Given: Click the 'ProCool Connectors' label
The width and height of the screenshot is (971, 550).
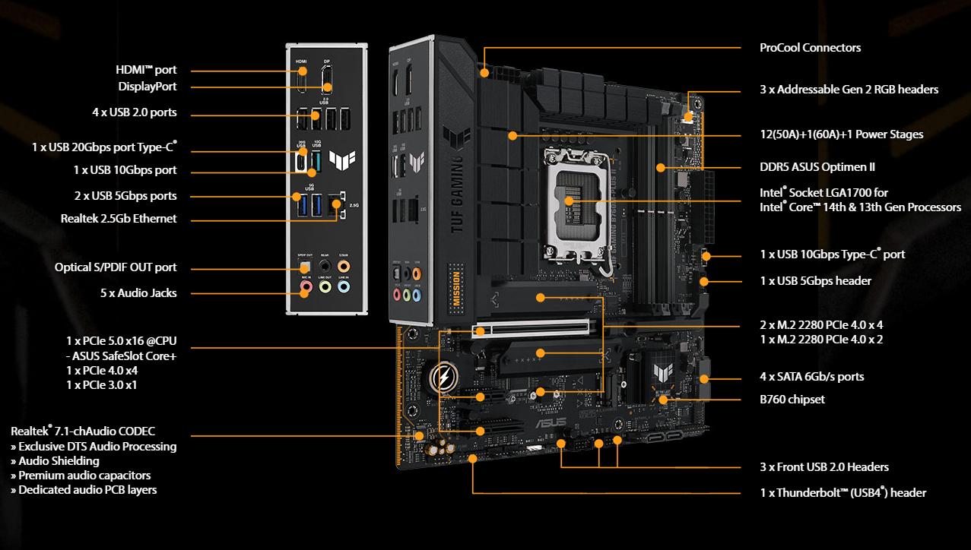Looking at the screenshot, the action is [810, 48].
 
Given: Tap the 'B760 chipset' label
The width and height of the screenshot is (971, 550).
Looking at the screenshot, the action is [792, 400].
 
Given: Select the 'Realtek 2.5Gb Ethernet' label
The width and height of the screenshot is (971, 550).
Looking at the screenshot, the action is [119, 218].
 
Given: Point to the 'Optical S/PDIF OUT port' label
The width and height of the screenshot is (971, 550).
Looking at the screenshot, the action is [116, 267].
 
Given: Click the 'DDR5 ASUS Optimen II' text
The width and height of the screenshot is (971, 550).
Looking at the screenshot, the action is [817, 167].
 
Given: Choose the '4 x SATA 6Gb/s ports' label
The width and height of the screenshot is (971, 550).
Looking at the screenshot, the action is [811, 377].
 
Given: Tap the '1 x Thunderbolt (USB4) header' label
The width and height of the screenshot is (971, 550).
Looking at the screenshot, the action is [842, 492].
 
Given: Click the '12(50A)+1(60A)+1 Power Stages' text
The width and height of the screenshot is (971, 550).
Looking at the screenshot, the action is [842, 134].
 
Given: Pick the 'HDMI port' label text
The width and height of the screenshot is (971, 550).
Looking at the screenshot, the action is [146, 70].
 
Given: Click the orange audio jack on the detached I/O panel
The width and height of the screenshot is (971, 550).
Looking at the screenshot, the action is [344, 265].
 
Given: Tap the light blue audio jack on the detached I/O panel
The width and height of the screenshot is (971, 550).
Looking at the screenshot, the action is [344, 286].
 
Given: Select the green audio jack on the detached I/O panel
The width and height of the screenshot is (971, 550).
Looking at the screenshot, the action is [325, 286].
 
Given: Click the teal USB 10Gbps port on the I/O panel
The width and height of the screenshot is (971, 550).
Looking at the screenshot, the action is [316, 162].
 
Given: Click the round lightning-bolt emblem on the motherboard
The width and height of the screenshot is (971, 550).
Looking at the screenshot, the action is [443, 377].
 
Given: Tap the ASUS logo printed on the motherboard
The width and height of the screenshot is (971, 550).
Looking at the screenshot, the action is [551, 422].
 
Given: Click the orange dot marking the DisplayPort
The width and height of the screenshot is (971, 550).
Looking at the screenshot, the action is [327, 87].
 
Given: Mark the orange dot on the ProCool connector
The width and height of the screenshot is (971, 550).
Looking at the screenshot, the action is [484, 73].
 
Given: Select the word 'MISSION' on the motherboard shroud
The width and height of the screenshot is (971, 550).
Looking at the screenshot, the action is [456, 289].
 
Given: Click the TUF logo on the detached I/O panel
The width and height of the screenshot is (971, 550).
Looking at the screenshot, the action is [342, 160].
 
